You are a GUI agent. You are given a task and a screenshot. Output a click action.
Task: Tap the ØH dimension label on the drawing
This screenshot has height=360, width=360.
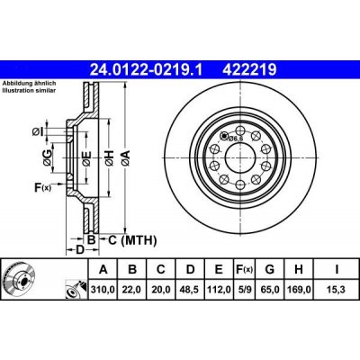point(110,160)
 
